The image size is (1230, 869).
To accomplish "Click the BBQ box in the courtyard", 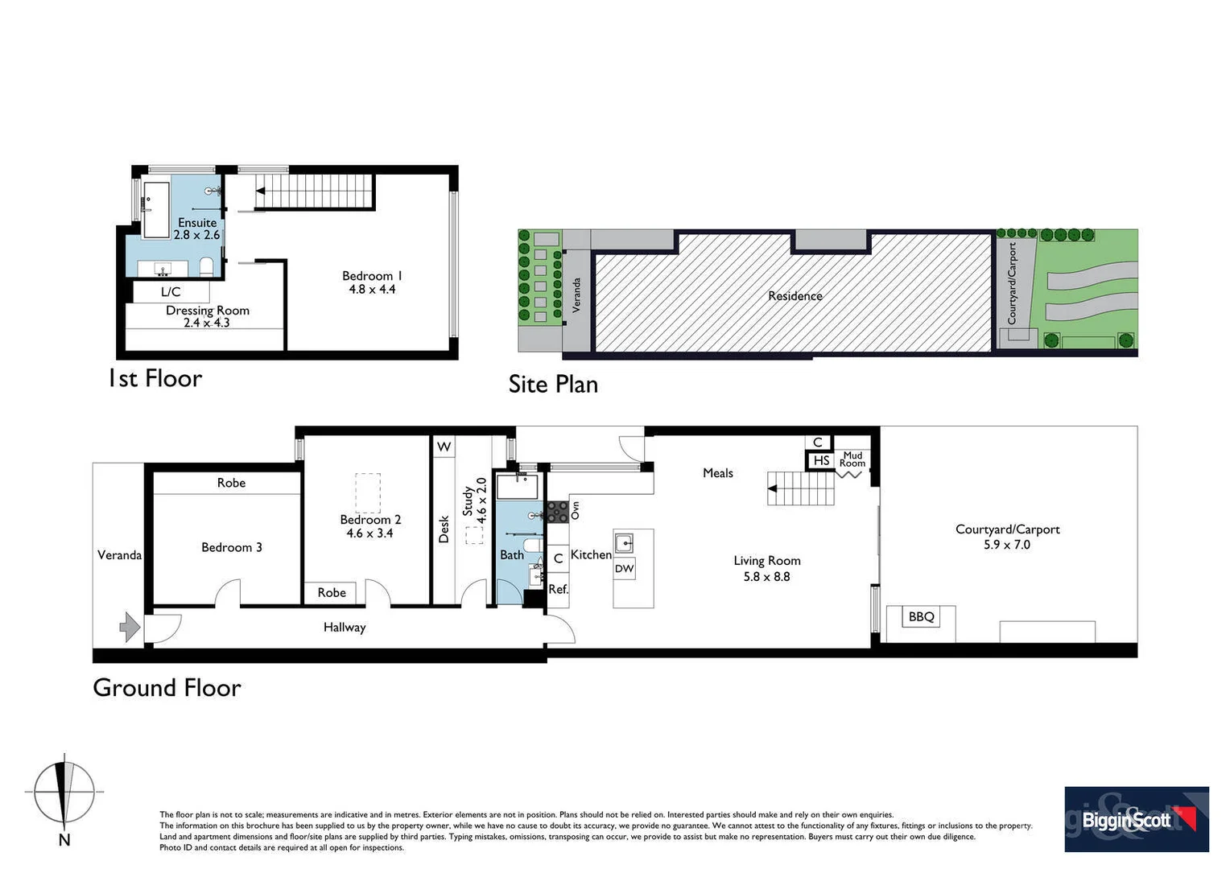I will coord(921,617).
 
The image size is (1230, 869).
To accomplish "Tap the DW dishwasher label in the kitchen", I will coord(625,568).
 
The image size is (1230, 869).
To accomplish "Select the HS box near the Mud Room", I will coord(820,460).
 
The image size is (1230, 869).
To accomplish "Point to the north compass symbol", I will coord(64,793).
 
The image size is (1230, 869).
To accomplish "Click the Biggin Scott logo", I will coord(1136,819).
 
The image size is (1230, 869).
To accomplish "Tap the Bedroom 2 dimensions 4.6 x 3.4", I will coord(369,533).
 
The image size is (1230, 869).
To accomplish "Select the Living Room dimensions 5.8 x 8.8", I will coord(766,576).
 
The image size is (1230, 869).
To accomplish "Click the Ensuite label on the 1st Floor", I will coord(197,222).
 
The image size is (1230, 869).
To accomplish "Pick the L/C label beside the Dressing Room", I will coord(171,292).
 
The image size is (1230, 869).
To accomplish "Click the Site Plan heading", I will coord(553,385).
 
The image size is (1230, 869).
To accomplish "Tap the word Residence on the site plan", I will coord(795,296).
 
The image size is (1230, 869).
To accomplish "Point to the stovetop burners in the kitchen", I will coord(557,512).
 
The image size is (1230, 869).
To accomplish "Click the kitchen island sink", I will coord(624,543).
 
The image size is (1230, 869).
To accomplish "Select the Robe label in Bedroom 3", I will coord(231,483).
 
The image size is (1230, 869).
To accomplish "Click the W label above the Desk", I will coord(444,447).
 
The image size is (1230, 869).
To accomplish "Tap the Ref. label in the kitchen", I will coord(558,589).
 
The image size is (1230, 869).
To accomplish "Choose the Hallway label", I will coord(345,627).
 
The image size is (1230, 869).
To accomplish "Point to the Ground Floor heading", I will coord(167,688).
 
